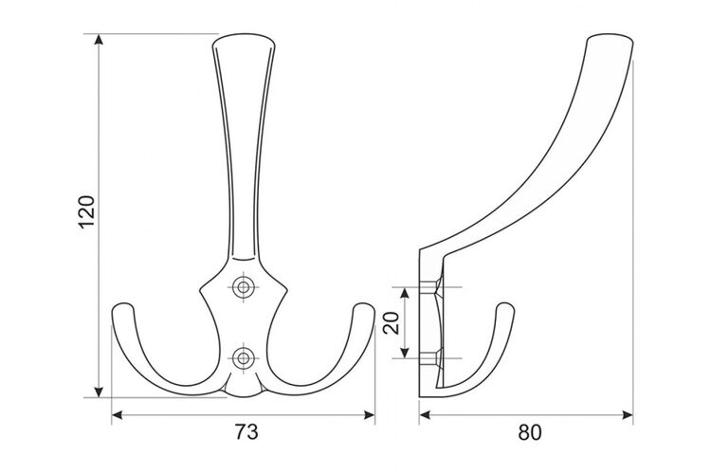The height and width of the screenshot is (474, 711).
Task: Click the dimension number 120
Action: pyautogui.click(x=87, y=212)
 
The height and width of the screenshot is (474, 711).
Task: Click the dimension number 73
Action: pyautogui.click(x=246, y=432)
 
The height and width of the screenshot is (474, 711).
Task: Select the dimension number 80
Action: pyautogui.click(x=530, y=432)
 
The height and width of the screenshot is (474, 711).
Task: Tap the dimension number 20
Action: pyautogui.click(x=392, y=322)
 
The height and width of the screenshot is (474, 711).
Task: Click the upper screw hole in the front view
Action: pyautogui.click(x=244, y=286)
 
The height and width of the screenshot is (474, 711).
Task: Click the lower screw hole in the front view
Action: pyautogui.click(x=244, y=358)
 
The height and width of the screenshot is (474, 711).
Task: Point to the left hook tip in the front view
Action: pyautogui.click(x=123, y=306)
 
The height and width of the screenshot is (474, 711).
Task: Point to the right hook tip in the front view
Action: pyautogui.click(x=364, y=306)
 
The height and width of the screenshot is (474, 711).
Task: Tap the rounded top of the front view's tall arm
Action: pyautogui.click(x=244, y=36)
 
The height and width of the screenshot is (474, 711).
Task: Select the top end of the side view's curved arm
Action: pyautogui.click(x=610, y=36)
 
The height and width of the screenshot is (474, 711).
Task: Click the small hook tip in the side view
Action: pyautogui.click(x=506, y=305)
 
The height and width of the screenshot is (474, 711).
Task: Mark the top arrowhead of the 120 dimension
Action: pyautogui.click(x=99, y=39)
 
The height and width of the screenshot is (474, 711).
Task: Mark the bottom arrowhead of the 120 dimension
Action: pyautogui.click(x=99, y=392)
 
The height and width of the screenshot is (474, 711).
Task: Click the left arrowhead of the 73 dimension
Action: pyautogui.click(x=117, y=414)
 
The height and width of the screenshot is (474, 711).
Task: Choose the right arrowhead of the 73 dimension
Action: pyautogui.click(x=370, y=414)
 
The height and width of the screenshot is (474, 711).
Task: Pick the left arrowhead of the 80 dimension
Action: pyautogui.click(x=425, y=414)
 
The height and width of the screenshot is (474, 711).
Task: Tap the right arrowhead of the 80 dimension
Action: pyautogui.click(x=628, y=414)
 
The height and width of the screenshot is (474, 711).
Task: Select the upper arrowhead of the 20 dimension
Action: pyautogui.click(x=406, y=293)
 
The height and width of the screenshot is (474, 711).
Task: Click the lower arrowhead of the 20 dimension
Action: pyautogui.click(x=406, y=353)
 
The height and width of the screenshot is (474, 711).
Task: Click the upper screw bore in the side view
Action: pyautogui.click(x=429, y=287)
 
